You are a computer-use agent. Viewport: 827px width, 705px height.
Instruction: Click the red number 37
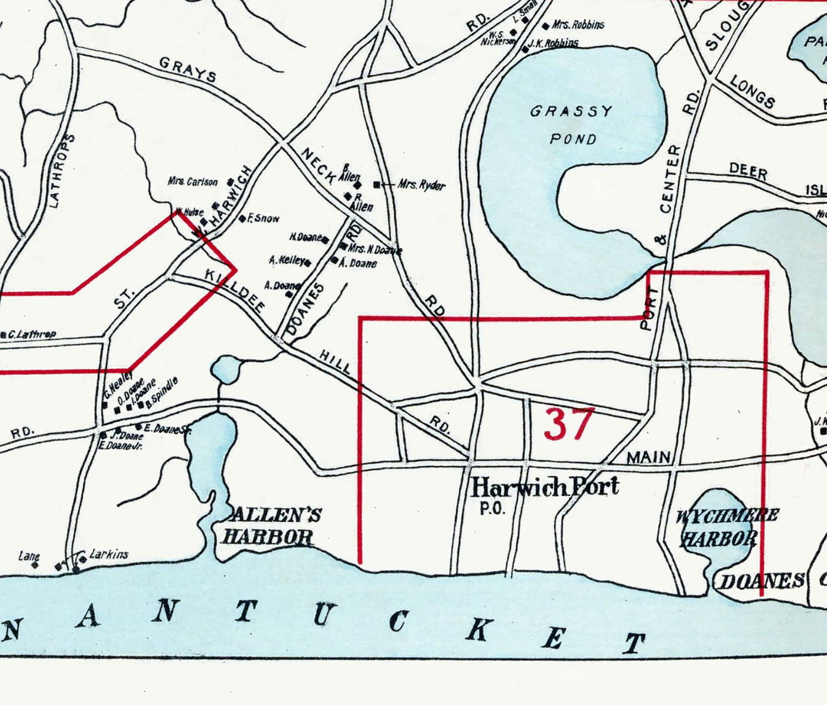(x=569, y=424)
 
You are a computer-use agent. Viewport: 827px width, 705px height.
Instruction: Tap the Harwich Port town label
(x=545, y=487)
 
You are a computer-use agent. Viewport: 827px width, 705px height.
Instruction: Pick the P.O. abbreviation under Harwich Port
(x=492, y=509)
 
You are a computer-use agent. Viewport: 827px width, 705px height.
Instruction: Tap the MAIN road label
(x=648, y=457)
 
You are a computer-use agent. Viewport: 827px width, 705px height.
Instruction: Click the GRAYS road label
(x=187, y=69)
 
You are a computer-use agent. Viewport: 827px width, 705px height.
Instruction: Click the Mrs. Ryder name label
(x=421, y=185)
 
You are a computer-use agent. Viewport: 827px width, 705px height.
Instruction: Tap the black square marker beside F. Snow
(x=241, y=219)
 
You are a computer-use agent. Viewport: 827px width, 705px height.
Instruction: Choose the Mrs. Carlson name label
(x=193, y=181)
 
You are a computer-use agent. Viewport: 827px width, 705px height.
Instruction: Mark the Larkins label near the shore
(x=109, y=554)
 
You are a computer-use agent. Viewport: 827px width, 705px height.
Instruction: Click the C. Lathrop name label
(x=31, y=334)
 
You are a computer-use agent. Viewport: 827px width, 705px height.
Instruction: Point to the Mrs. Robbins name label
(x=578, y=25)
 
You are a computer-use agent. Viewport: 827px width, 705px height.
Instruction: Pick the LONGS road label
(x=753, y=92)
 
